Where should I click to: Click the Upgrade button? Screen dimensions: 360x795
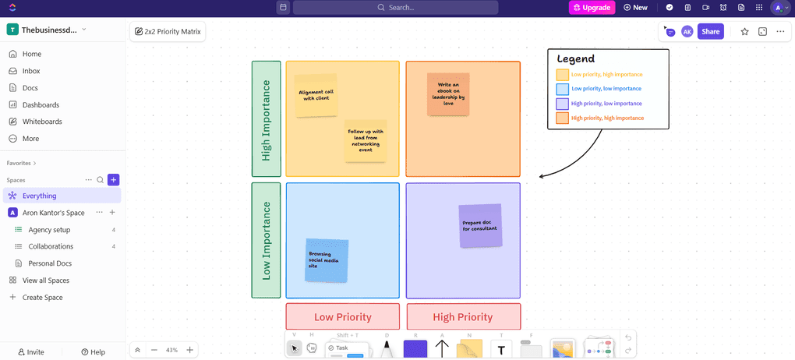point(592,8)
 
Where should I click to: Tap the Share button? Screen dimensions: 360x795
point(710,31)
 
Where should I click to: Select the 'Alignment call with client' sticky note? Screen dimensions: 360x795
point(316,95)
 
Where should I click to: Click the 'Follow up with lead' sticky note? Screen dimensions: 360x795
point(366,140)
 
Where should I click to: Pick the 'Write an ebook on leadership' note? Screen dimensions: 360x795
point(448,94)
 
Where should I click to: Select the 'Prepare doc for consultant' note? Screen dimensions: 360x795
point(480,226)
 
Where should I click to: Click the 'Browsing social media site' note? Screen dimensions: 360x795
point(326,260)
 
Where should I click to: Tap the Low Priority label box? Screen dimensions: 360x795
point(342,317)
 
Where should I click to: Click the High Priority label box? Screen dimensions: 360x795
point(463,317)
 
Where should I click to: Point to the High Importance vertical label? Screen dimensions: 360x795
point(266,119)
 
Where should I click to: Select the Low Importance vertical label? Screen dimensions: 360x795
point(266,240)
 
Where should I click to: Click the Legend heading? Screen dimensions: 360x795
point(576,58)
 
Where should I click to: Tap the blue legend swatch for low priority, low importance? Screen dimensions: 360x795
point(562,89)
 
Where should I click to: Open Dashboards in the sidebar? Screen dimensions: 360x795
point(41,104)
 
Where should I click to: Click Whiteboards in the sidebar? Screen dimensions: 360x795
point(42,122)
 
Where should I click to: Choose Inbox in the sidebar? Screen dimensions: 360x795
point(31,71)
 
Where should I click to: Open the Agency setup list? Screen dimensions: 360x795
point(49,230)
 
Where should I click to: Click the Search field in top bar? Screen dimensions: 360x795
point(395,8)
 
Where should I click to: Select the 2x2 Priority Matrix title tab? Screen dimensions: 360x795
point(168,32)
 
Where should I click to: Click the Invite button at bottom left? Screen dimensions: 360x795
point(31,352)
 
